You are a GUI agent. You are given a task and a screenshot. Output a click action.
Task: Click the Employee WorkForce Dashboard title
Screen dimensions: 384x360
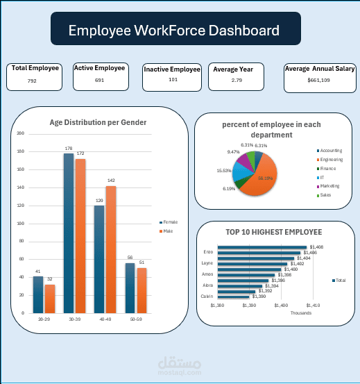[x=174, y=31]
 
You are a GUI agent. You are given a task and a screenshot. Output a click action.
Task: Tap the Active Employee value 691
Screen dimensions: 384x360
[x=99, y=81]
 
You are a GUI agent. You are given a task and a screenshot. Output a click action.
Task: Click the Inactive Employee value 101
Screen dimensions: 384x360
[x=173, y=80]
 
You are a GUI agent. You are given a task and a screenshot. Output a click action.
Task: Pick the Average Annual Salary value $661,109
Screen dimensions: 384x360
[x=318, y=81]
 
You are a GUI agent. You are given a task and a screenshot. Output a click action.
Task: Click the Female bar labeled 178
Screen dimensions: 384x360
[x=69, y=233]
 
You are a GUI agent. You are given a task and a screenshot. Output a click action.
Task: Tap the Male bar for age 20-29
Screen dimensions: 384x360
[x=50, y=299]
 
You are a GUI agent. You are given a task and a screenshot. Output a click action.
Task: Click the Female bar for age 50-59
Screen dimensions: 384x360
[x=130, y=287]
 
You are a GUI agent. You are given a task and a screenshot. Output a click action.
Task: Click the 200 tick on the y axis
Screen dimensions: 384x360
[x=21, y=133]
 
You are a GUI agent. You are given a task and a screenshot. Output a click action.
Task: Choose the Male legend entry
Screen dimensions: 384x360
[x=167, y=231]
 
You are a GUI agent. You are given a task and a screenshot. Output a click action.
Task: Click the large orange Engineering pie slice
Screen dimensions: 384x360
[x=263, y=175]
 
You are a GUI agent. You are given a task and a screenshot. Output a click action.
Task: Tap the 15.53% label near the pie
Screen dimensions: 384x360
[x=224, y=170]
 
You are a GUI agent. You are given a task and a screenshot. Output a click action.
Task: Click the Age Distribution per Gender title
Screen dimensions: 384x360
[x=98, y=122]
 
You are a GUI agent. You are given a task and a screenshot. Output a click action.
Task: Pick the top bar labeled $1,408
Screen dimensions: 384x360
[x=262, y=247]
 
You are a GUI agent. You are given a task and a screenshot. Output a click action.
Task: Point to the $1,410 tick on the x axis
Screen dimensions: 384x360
[x=313, y=305]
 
